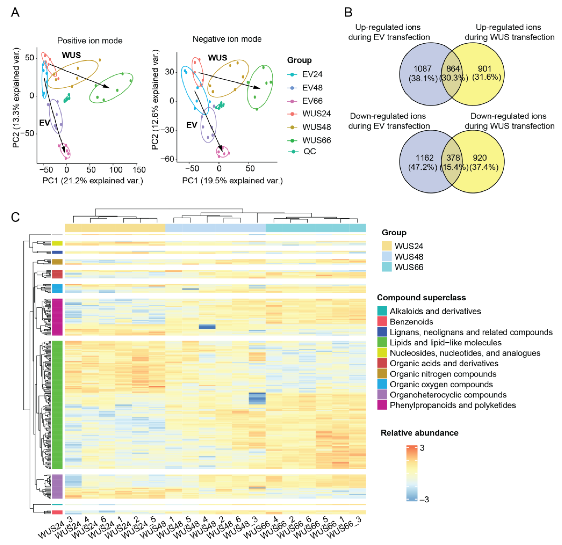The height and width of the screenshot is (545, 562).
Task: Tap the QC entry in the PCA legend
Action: pyautogui.click(x=310, y=151)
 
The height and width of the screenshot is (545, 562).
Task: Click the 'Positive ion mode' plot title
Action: pyautogui.click(x=90, y=41)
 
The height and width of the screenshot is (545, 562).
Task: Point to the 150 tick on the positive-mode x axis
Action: pyautogui.click(x=139, y=170)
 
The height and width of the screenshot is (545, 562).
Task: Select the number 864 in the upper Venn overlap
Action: pyautogui.click(x=453, y=69)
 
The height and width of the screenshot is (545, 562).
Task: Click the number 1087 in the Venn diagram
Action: pyautogui.click(x=422, y=69)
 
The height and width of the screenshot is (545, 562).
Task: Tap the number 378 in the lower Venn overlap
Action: pyautogui.click(x=453, y=158)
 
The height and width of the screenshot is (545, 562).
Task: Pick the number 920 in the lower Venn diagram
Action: pyautogui.click(x=480, y=158)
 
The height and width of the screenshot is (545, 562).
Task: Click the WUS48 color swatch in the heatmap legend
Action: pyautogui.click(x=387, y=257)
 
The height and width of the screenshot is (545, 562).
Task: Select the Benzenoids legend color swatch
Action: pyautogui.click(x=382, y=322)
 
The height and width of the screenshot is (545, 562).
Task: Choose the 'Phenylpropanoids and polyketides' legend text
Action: pyautogui.click(x=453, y=405)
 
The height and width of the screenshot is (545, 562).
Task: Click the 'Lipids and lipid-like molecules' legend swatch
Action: pyautogui.click(x=382, y=342)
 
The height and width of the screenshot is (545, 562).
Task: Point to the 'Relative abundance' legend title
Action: pyautogui.click(x=419, y=433)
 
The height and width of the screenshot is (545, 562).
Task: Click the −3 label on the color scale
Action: pyautogui.click(x=424, y=499)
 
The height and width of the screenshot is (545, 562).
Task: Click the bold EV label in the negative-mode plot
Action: pyautogui.click(x=192, y=125)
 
